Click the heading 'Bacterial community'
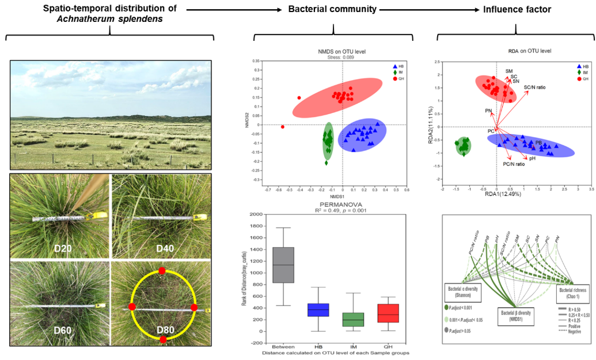332,10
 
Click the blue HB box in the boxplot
318,309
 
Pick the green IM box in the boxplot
353,319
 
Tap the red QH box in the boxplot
389,313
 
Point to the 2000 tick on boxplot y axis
256,214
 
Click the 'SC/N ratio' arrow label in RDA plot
534,88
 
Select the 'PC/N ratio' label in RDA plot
514,164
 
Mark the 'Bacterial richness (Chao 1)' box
572,294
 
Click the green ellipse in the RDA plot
464,146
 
